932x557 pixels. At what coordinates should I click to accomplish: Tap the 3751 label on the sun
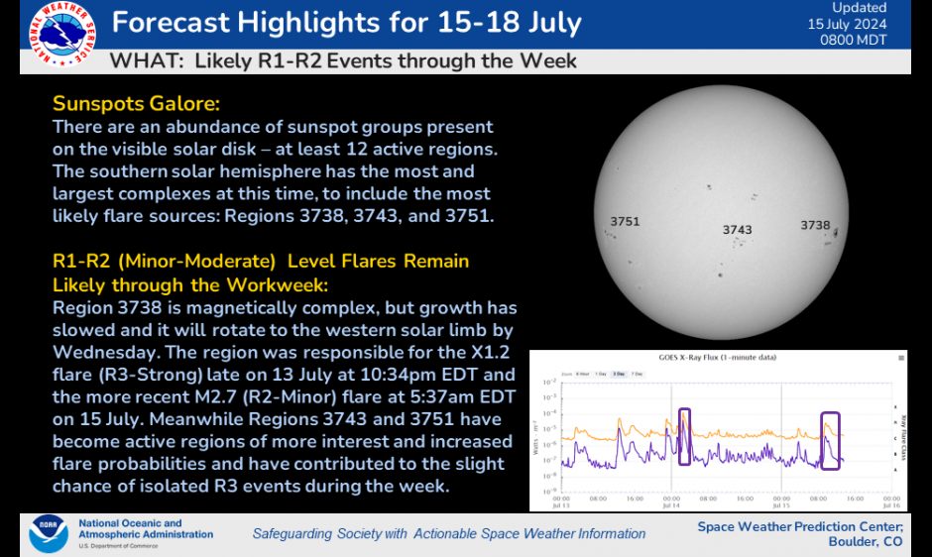pyautogui.click(x=625, y=222)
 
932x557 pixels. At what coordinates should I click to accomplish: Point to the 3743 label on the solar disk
pyautogui.click(x=737, y=230)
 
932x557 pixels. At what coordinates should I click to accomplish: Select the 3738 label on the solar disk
pyautogui.click(x=815, y=225)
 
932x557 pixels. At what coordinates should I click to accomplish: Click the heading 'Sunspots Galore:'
pyautogui.click(x=136, y=104)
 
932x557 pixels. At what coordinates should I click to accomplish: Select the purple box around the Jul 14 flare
pyautogui.click(x=683, y=436)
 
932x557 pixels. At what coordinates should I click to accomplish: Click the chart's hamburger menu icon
pyautogui.click(x=900, y=357)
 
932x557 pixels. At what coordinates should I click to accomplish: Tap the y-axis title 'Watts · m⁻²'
pyautogui.click(x=536, y=435)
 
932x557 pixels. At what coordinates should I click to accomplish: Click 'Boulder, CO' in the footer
pyautogui.click(x=866, y=542)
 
